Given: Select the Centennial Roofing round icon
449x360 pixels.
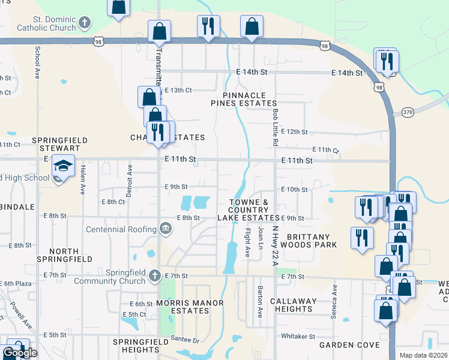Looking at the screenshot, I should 166,229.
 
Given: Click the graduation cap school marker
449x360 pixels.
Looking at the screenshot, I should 63,165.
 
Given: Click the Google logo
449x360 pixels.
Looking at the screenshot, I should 20,353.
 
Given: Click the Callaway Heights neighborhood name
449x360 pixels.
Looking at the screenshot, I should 291,305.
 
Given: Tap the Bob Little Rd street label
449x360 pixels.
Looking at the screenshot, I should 275,127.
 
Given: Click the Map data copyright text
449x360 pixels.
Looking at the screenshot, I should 423,355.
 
